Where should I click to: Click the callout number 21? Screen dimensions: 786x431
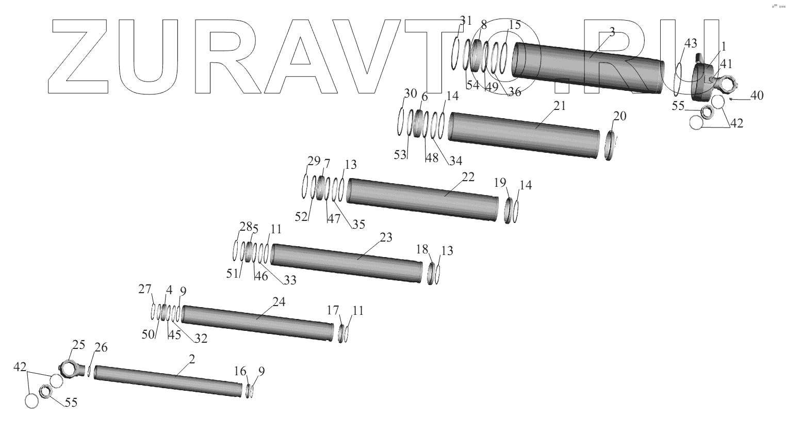(x=560, y=105)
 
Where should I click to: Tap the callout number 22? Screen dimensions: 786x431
(x=468, y=177)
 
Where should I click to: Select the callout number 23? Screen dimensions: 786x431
(x=386, y=237)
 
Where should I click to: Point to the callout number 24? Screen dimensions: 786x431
(x=279, y=302)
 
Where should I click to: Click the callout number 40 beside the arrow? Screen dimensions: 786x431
(x=757, y=95)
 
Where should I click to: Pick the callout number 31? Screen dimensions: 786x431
(x=466, y=20)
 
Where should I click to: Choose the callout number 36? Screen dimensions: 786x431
(x=514, y=92)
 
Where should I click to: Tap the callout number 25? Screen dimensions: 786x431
(x=78, y=345)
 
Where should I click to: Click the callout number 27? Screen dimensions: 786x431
(x=144, y=289)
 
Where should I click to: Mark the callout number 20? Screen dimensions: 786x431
(x=620, y=116)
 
